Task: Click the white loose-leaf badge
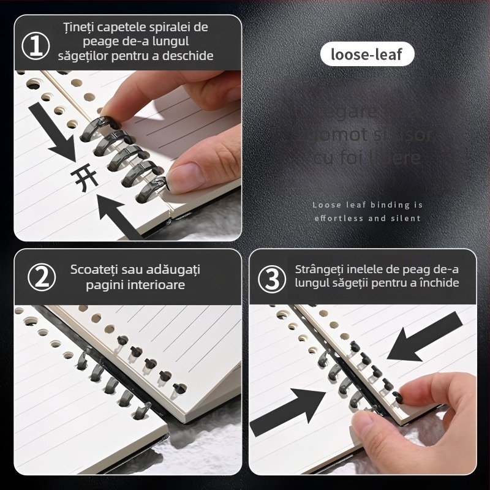tap(366, 55)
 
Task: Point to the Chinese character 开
tap(80, 178)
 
